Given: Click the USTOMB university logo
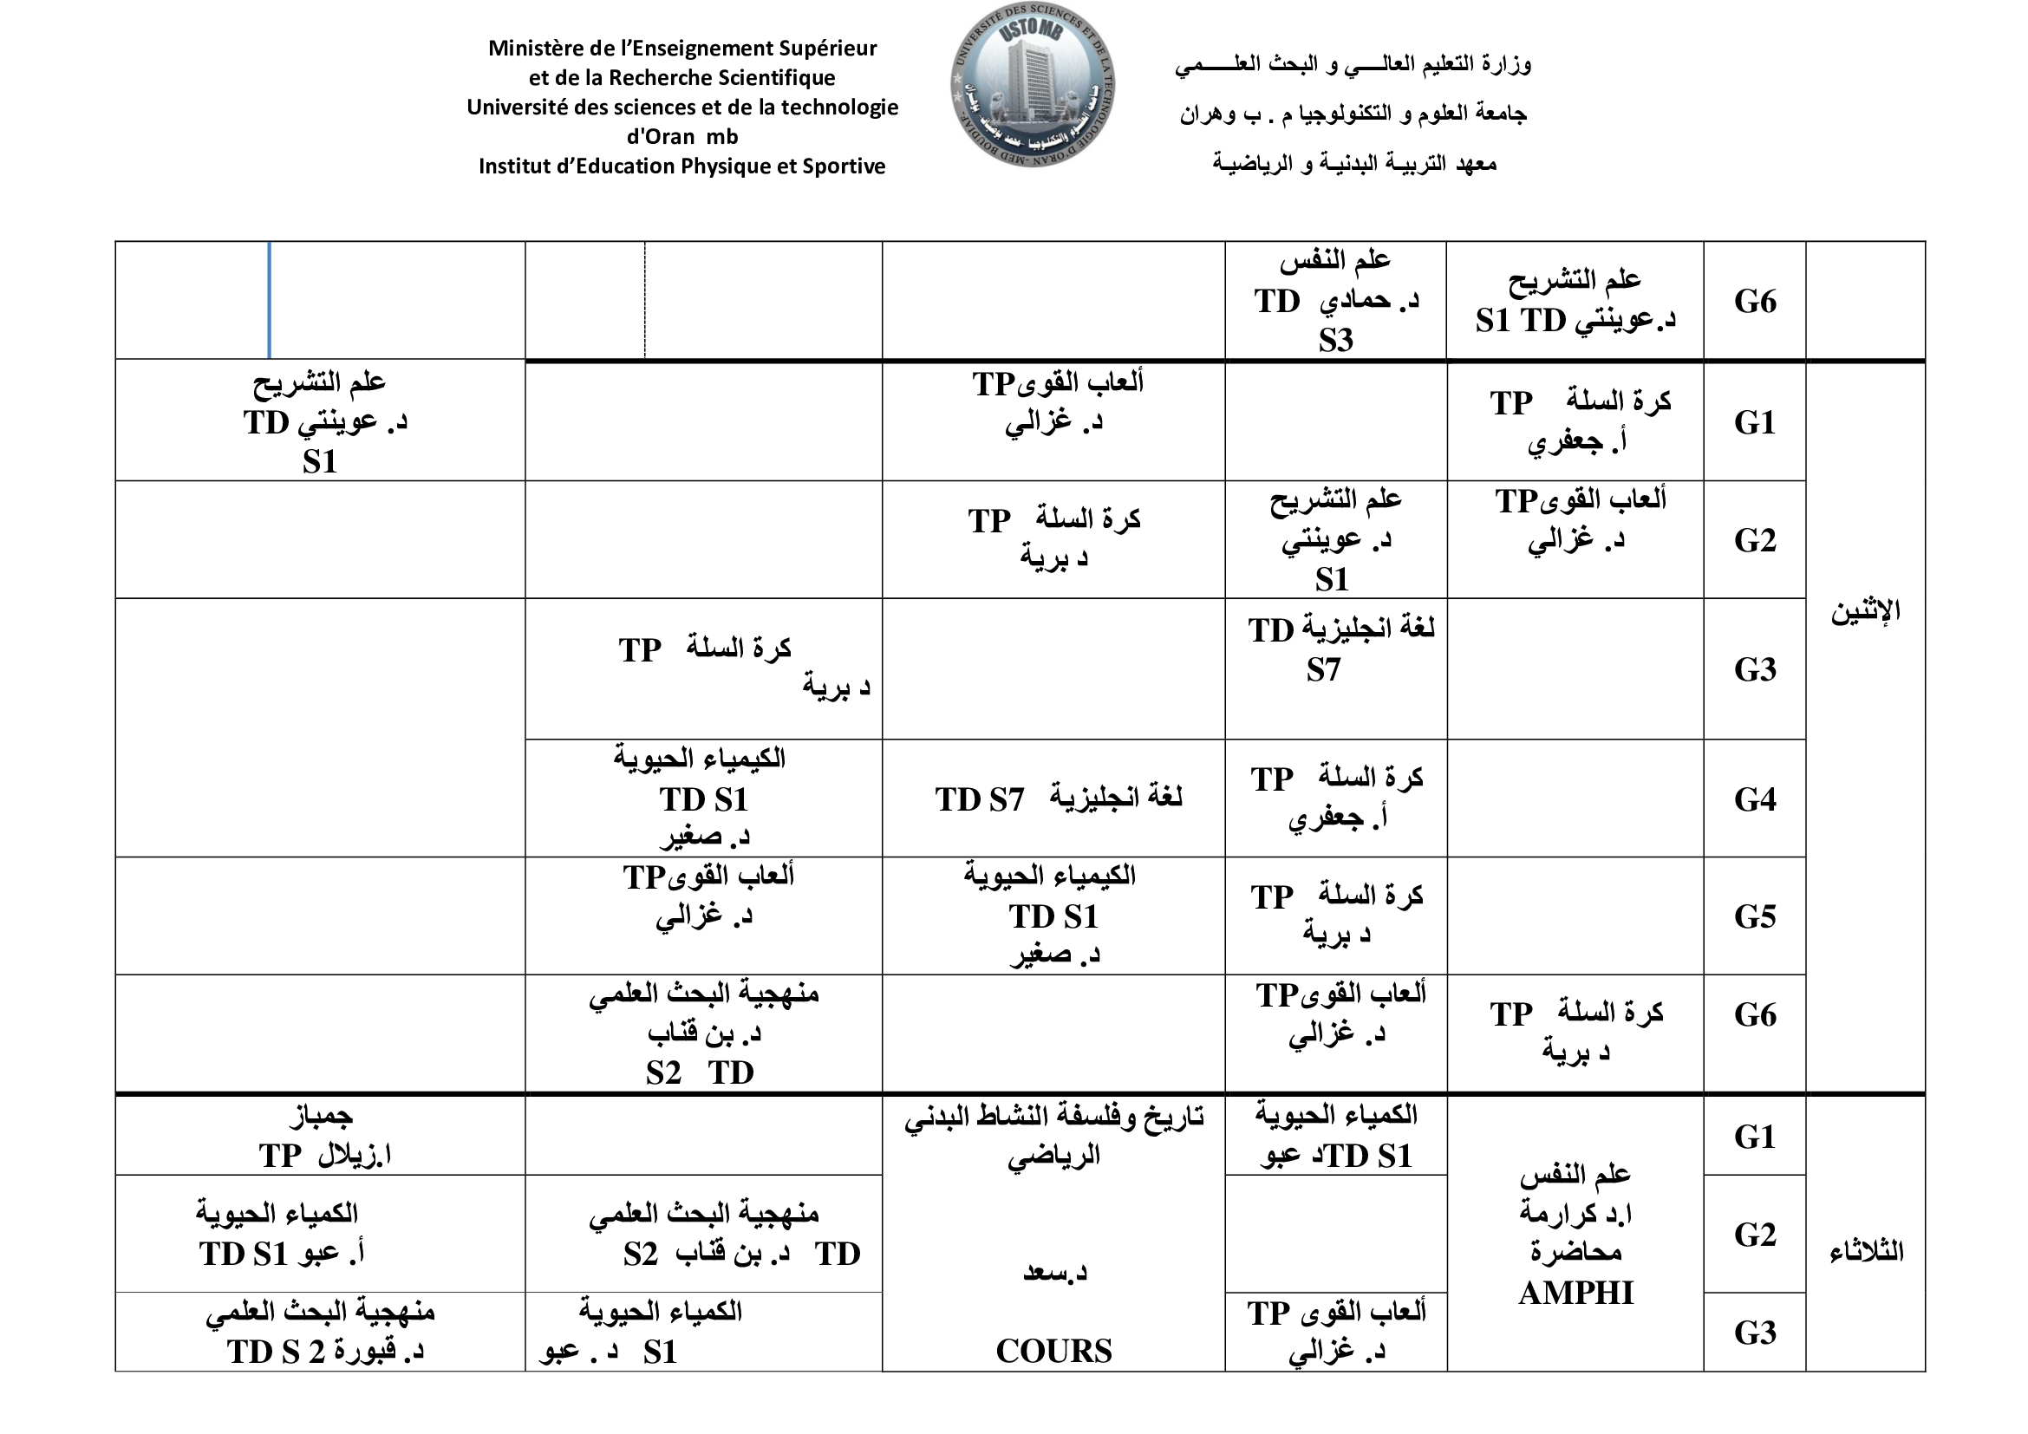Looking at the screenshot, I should (1033, 85).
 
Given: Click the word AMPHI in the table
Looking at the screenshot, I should (1575, 1294).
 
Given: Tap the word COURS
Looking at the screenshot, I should (1053, 1351).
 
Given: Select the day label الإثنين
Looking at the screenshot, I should (1865, 611).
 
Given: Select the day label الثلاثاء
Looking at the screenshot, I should (1866, 1251).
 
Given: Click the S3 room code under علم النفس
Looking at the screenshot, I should (1335, 340).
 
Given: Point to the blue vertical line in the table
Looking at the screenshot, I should (269, 300).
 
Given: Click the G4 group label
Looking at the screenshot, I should (1754, 799).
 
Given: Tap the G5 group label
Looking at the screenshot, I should (1754, 916).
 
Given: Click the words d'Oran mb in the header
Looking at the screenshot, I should (681, 137).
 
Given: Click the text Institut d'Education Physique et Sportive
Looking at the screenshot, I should (681, 166).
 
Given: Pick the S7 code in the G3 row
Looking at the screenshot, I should (1323, 670).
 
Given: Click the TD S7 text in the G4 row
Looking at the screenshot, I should (980, 800).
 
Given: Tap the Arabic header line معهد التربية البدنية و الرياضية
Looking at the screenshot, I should (1354, 163).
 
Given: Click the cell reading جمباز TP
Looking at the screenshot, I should (322, 1136).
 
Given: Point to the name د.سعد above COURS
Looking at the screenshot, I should (1054, 1273).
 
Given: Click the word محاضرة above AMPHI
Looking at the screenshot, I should (1575, 1252).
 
